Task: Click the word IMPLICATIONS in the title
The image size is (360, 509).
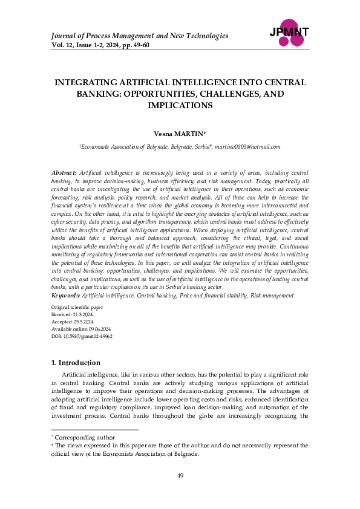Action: pyautogui.click(x=180, y=105)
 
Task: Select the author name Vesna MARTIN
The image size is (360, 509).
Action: pyautogui.click(x=179, y=131)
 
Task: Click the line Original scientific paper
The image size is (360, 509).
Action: pyautogui.click(x=77, y=308)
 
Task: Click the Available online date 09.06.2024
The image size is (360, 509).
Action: pyautogui.click(x=95, y=329)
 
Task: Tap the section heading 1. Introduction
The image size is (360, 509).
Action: pyautogui.click(x=76, y=363)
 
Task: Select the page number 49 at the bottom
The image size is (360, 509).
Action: pyautogui.click(x=180, y=477)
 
